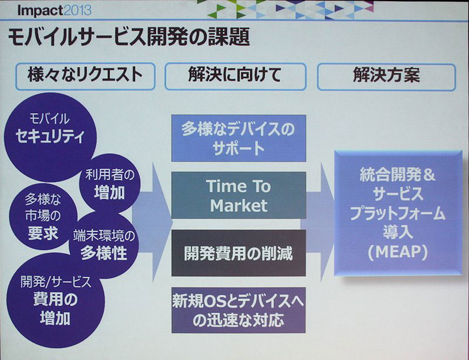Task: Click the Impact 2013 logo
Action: point(54,11)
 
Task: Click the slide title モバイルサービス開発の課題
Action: point(128,38)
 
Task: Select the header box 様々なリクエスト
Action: point(85,76)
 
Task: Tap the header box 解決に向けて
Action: point(236,76)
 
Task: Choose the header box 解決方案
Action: point(386,76)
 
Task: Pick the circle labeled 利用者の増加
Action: point(110,183)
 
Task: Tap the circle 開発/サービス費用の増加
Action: point(56,300)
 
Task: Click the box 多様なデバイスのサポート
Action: point(239,138)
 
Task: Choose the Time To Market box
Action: point(239,195)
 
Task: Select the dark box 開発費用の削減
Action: point(239,253)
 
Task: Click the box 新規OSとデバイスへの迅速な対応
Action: point(239,310)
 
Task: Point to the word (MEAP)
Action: point(397,252)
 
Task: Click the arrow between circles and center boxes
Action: point(152,222)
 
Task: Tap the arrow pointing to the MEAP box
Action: point(318,222)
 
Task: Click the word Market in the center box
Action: point(239,206)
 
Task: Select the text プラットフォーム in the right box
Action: point(397,213)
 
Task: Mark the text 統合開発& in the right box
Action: point(397,175)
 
